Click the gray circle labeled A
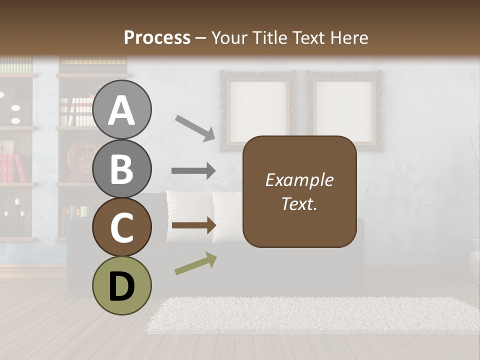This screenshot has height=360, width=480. tap(121, 109)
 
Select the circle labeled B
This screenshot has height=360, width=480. tap(121, 168)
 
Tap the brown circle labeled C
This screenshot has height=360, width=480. tap(121, 227)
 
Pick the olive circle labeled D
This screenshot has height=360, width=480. tap(121, 285)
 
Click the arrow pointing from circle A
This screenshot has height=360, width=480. tap(195, 127)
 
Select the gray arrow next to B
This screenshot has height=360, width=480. tap(193, 171)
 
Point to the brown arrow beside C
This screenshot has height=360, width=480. tap(193, 225)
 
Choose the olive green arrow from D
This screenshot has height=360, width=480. tap(195, 264)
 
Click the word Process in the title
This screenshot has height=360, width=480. tap(157, 37)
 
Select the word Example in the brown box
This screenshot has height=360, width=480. tap(299, 180)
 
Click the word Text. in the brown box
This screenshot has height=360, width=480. tap(299, 203)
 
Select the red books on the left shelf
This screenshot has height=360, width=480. tap(12, 167)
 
